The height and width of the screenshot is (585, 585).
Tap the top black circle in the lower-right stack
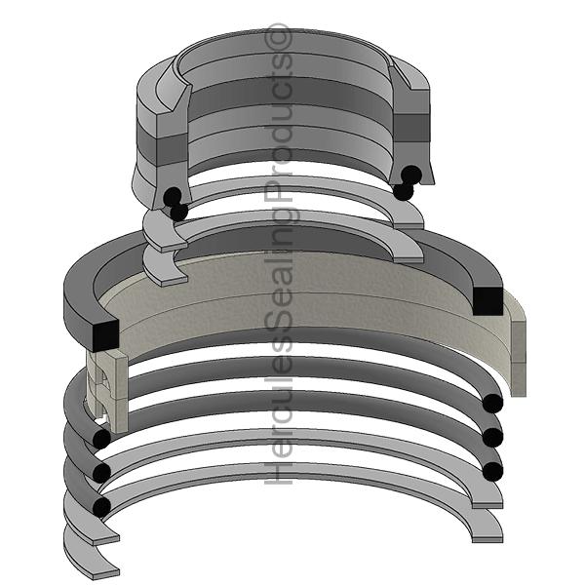492,404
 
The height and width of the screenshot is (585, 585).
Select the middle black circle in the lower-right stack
492,436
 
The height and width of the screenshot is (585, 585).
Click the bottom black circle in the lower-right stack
492,471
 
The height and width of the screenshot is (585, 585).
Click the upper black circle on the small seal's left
172,196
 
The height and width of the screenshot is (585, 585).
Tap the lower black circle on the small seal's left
178,211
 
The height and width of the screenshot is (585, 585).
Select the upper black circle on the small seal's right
411,175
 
